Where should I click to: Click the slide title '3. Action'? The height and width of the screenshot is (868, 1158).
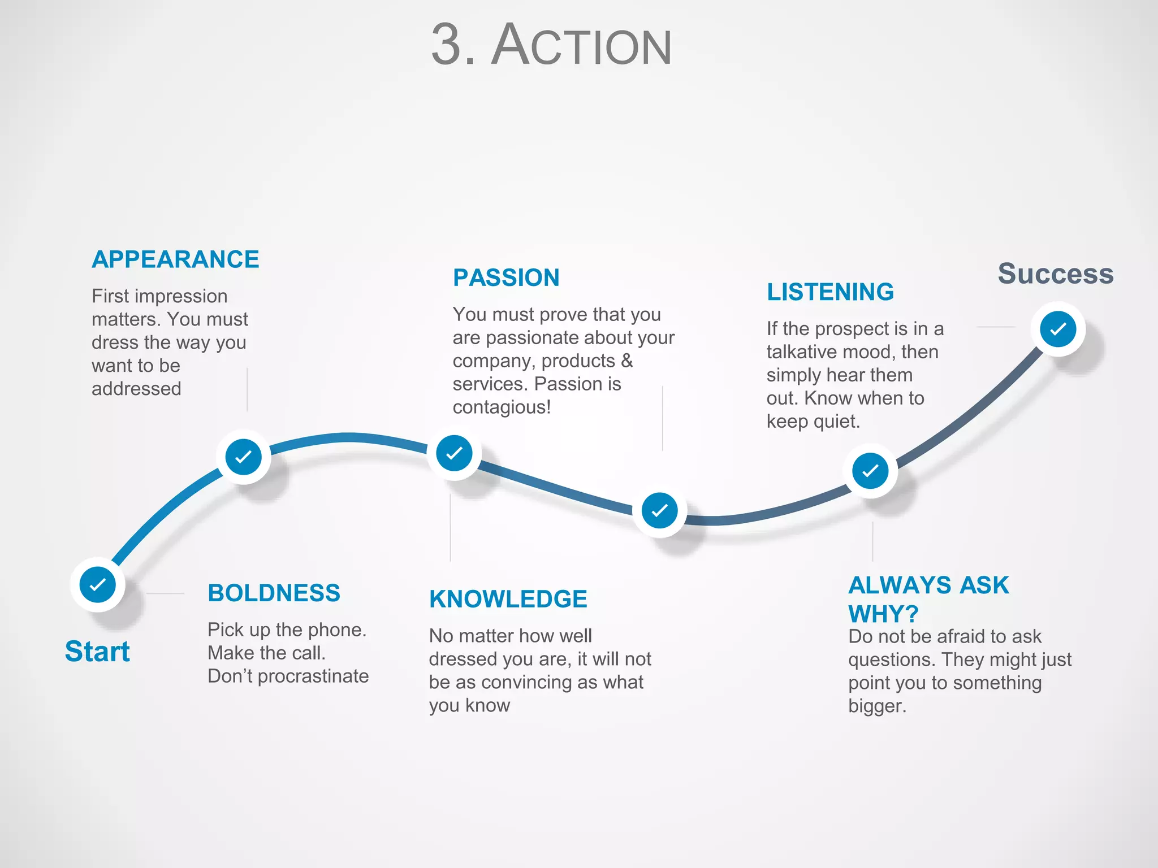point(551,45)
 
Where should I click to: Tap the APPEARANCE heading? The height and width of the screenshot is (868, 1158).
point(175,259)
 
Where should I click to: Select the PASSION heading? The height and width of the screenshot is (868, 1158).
point(506,277)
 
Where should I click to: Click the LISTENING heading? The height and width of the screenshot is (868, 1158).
point(830,292)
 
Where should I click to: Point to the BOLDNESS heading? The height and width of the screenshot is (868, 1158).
point(274,593)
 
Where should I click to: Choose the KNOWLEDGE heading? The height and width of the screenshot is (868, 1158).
point(508,599)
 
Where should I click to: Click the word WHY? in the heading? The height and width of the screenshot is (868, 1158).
point(883,614)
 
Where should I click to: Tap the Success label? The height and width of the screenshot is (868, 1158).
point(1055,274)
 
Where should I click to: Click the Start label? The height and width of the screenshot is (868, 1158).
point(97,651)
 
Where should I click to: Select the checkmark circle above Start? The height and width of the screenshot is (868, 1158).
point(98,584)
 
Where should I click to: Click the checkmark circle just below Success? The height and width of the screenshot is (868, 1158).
point(1058,329)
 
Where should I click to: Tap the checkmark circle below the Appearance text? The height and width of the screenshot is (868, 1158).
point(243,457)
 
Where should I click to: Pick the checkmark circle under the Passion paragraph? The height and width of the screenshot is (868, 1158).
point(454,453)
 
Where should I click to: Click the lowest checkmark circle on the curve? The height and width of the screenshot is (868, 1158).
point(659,511)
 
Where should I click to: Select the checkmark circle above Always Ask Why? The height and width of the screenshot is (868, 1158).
point(870,471)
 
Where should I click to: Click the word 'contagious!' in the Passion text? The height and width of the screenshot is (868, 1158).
point(502,407)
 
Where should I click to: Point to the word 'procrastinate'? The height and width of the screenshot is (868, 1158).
point(313,676)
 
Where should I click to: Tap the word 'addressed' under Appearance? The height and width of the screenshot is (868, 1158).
point(136,389)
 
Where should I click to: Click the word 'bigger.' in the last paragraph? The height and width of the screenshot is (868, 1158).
point(877,706)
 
